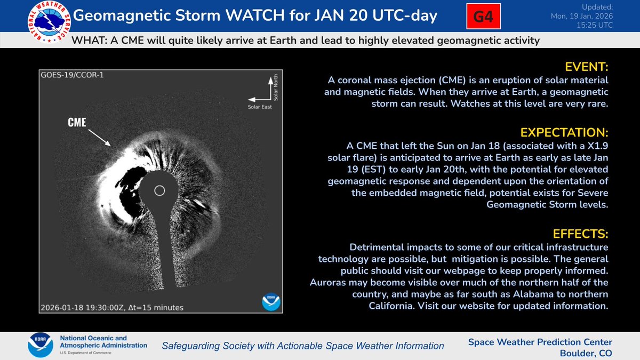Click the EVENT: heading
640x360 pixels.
pyautogui.click(x=586, y=67)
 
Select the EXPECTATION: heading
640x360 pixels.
pyautogui.click(x=567, y=132)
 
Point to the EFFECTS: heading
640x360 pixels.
pyautogui.click(x=580, y=234)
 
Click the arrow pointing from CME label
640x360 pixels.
pyautogui.click(x=99, y=135)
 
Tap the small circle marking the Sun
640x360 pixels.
pyautogui.click(x=159, y=190)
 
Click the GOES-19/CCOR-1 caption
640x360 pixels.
pyautogui.click(x=72, y=75)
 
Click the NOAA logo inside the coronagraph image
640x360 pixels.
pyautogui.click(x=270, y=301)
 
